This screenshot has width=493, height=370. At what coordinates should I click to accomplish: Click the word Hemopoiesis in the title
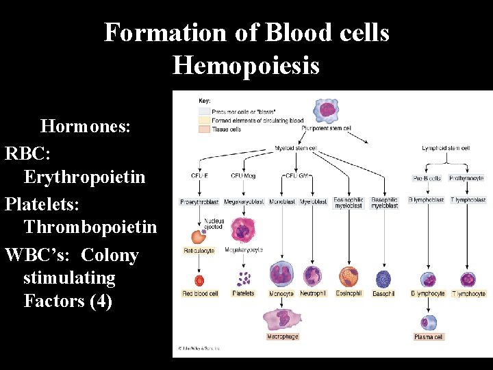pyautogui.click(x=246, y=66)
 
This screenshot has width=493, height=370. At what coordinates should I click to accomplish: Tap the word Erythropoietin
pyautogui.click(x=84, y=177)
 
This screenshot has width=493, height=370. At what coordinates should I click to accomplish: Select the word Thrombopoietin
pyautogui.click(x=90, y=226)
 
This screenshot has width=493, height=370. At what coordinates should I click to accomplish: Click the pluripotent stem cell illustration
pyautogui.click(x=325, y=110)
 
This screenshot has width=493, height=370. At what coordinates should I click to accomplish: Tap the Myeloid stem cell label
pyautogui.click(x=296, y=148)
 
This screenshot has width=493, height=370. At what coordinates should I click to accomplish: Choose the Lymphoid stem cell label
pyautogui.click(x=446, y=148)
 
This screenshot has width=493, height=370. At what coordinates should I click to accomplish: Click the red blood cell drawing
pyautogui.click(x=199, y=280)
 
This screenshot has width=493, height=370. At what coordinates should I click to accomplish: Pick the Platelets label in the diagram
pyautogui.click(x=243, y=294)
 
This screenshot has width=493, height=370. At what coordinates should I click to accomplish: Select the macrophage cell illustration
pyautogui.click(x=283, y=319)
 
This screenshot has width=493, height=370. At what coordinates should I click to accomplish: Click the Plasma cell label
pyautogui.click(x=429, y=337)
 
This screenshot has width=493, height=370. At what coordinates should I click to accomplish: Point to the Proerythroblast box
pyautogui.click(x=199, y=201)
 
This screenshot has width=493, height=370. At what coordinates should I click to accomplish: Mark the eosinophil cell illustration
pyautogui.click(x=349, y=277)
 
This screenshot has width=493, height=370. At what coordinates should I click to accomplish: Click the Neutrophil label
pyautogui.click(x=313, y=294)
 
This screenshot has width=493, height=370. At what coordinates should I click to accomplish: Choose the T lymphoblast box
pyautogui.click(x=468, y=200)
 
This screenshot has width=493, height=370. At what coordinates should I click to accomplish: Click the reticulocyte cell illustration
pyautogui.click(x=199, y=237)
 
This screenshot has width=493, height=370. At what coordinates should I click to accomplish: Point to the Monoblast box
pyautogui.click(x=282, y=201)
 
